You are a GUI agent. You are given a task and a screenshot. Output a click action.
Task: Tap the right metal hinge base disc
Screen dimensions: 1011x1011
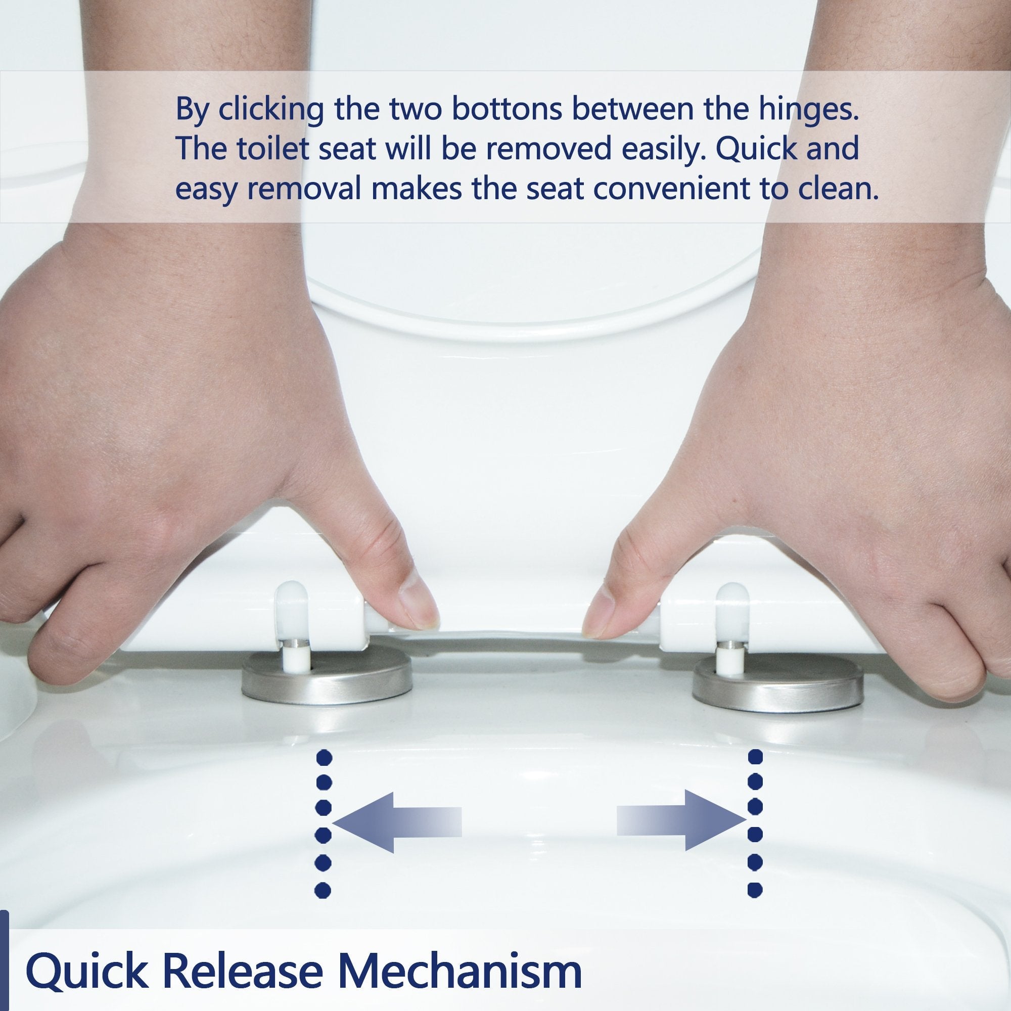pos(777,682)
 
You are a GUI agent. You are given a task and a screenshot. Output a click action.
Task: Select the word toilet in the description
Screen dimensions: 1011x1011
pos(272,149)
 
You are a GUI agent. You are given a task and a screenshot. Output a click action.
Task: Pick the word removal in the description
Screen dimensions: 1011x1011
pos(303,190)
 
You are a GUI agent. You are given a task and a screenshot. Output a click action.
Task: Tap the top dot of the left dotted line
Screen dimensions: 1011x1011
pos(325,757)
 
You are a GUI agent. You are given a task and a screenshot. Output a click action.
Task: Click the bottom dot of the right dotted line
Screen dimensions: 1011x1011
pos(756,889)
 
